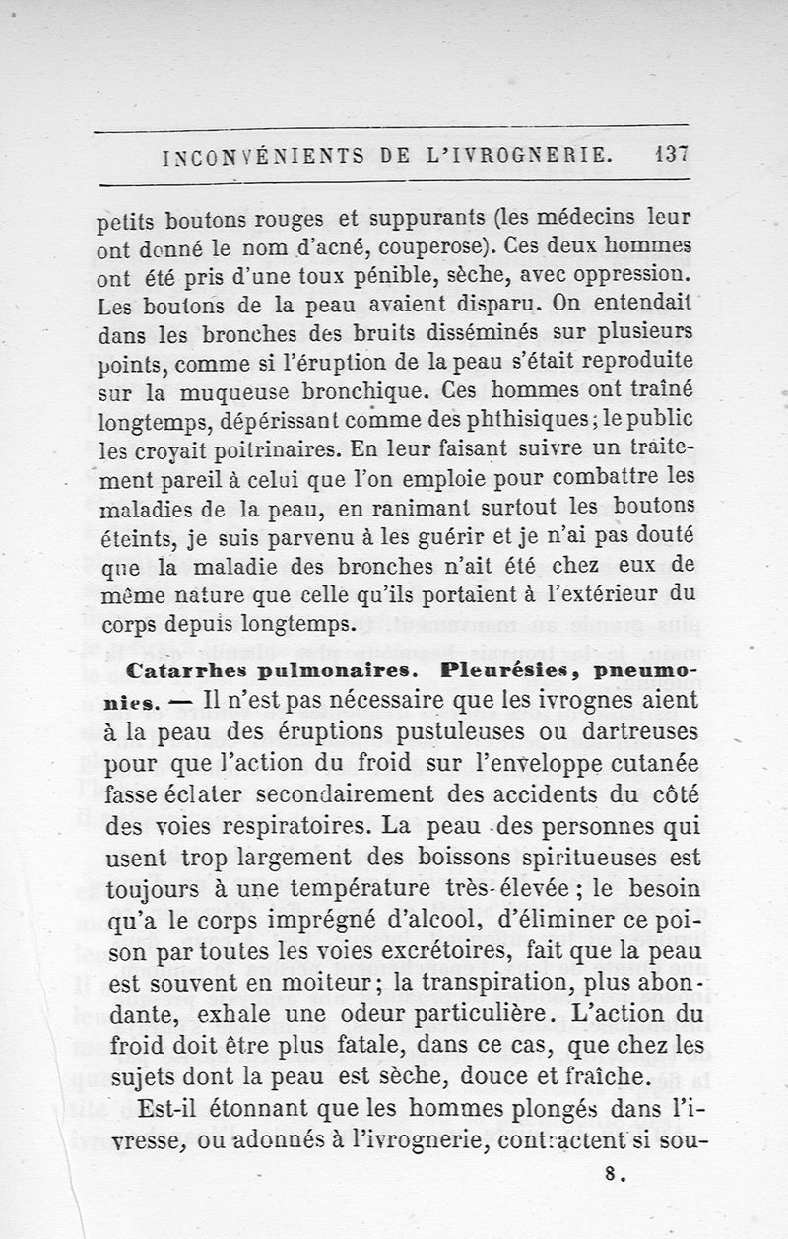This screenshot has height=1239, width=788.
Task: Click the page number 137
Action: pos(668,155)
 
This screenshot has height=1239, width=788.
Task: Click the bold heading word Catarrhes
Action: pos(186,671)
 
